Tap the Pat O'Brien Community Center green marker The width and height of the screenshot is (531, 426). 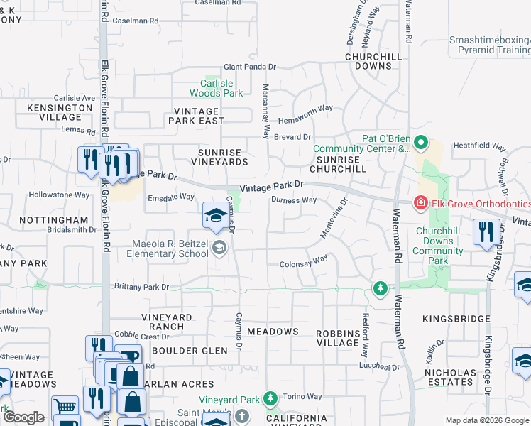pos(420,143)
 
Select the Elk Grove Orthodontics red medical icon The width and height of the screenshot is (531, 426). pos(420,203)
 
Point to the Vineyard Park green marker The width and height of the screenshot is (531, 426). pos(270,399)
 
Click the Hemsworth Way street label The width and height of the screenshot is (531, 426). pos(305,108)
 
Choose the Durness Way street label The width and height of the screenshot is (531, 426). pos(294,200)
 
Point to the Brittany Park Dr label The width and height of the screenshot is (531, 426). pos(142,287)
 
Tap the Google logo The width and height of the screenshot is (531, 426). pos(24,418)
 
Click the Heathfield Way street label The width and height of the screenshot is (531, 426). pos(479,147)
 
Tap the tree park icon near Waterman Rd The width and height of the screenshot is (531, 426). pos(381,288)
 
